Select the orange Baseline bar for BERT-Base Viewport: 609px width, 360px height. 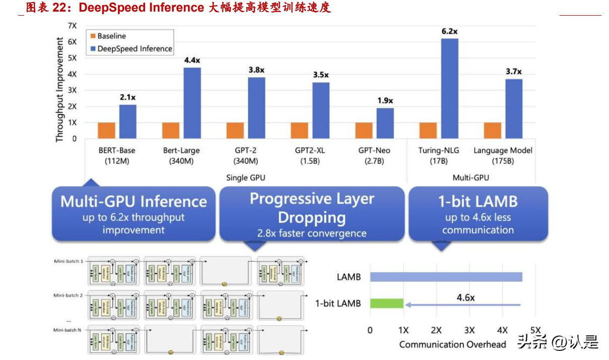(106, 130)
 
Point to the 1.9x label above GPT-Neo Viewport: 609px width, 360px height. (385, 101)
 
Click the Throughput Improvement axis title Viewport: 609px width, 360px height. (59, 89)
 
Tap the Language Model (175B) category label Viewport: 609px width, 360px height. (504, 155)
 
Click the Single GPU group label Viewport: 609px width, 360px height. (247, 177)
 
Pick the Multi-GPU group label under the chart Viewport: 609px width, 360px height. (471, 177)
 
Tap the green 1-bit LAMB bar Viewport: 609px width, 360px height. (387, 304)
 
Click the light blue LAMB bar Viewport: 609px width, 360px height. (446, 277)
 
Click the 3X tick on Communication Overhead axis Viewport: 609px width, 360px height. (469, 330)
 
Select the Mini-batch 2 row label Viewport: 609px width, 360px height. (69, 295)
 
